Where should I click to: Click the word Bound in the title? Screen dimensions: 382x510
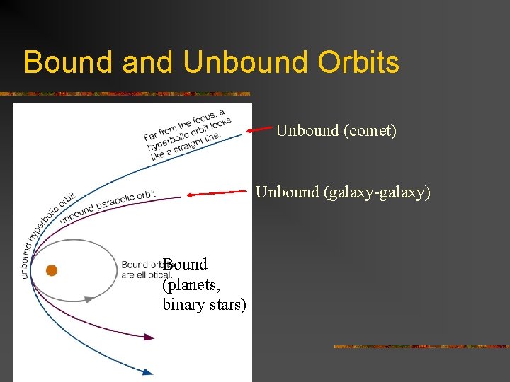click(x=69, y=62)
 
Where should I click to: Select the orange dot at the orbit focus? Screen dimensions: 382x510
click(x=51, y=270)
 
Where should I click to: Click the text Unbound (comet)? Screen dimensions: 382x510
click(x=336, y=130)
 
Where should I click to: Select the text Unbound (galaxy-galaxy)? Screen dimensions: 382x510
click(x=343, y=192)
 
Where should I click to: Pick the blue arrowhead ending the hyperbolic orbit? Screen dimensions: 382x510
click(x=147, y=371)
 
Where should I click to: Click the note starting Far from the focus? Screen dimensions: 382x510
click(x=187, y=135)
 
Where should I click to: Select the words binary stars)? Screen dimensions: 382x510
click(x=204, y=305)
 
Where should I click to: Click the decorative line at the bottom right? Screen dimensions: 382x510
click(x=421, y=347)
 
